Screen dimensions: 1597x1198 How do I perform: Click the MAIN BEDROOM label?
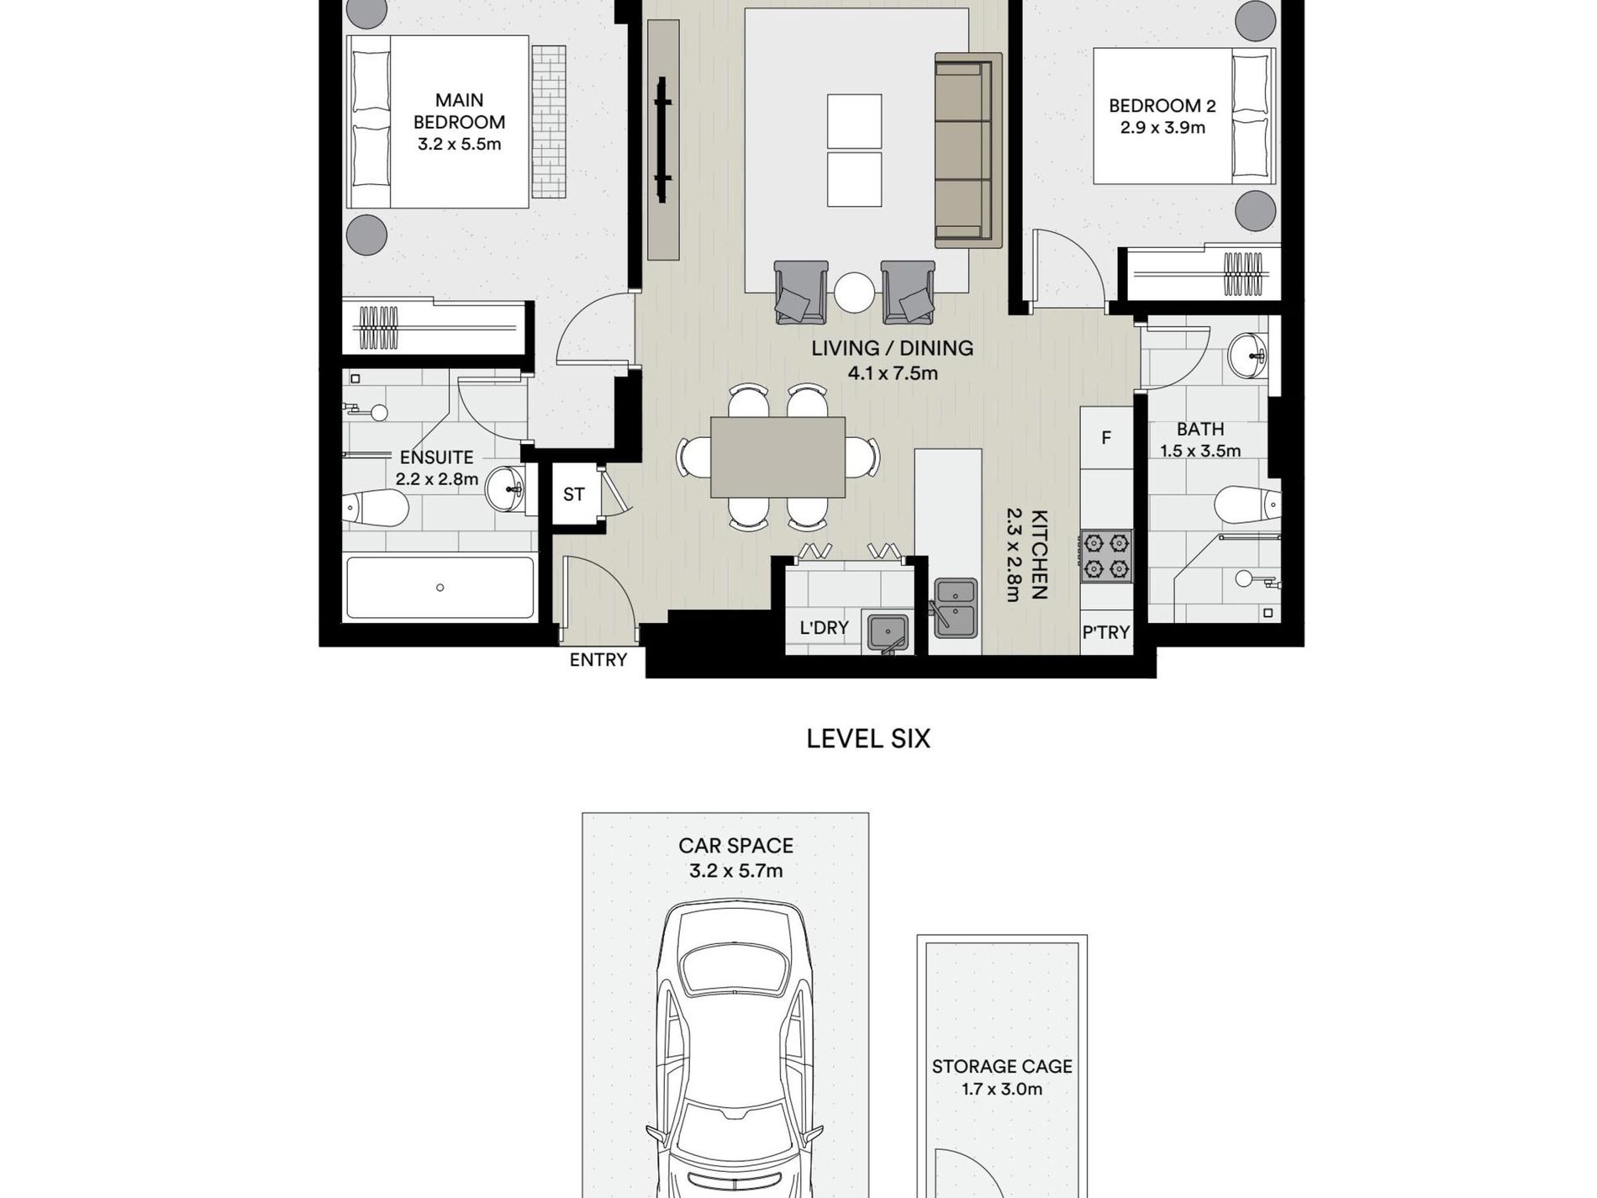pos(459,111)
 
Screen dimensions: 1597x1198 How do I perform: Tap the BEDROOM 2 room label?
pos(1162,106)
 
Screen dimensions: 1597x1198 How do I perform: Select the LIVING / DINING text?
pos(892,348)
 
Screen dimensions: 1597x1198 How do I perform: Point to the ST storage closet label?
pos(573,494)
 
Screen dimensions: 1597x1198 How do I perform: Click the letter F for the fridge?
pos(1106,437)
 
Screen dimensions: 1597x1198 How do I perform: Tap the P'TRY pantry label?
pos(1105,632)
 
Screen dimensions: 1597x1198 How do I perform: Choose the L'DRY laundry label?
pos(824,628)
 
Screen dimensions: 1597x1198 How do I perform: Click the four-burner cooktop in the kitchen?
pos(1106,556)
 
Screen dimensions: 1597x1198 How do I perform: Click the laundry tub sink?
pos(887,629)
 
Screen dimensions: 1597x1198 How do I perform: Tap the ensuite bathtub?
pos(440,588)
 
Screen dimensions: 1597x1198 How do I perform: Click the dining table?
pos(777,457)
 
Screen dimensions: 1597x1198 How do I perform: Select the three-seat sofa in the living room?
pos(968,150)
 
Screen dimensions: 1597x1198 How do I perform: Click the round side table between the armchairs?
pos(855,293)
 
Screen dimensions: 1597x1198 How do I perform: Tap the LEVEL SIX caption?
pos(868,739)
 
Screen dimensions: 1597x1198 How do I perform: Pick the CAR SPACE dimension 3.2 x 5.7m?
pos(735,871)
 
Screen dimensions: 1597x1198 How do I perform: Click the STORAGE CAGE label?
pos(1002,1067)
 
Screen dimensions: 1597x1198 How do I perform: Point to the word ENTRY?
pos(598,660)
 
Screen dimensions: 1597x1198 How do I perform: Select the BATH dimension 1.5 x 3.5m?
pos(1200,451)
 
